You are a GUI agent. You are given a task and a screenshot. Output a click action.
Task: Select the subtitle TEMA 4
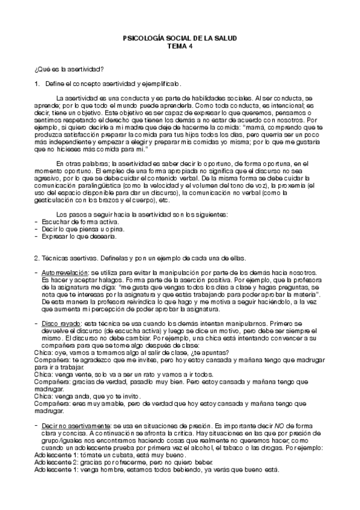tap(179, 45)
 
